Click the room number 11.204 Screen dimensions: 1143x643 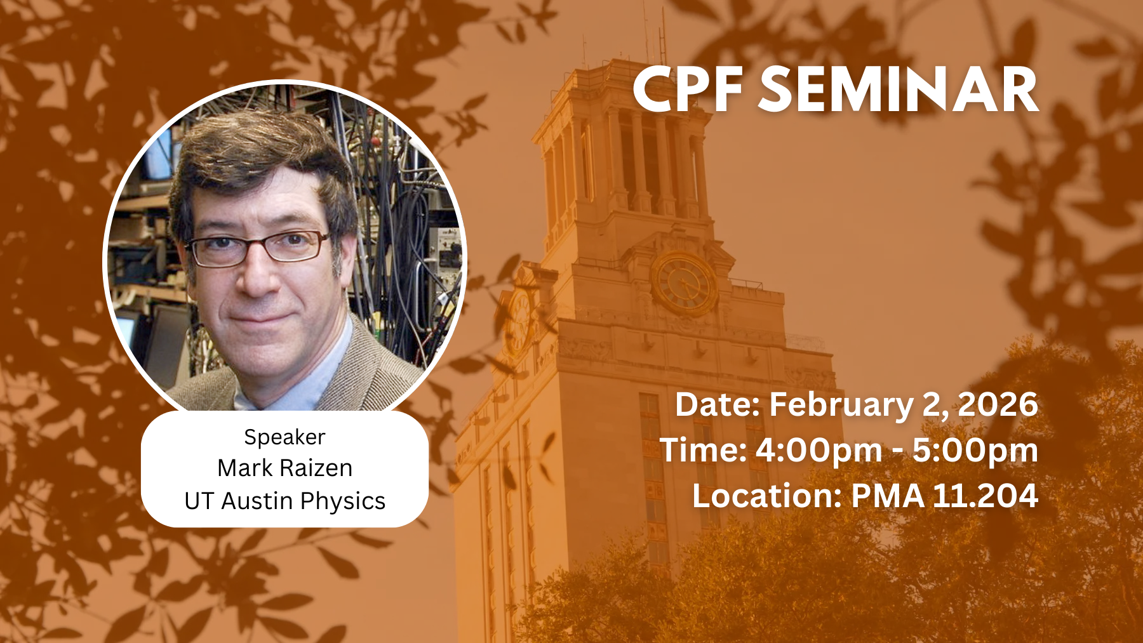pyautogui.click(x=985, y=496)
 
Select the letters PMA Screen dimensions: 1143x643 pyautogui.click(x=888, y=496)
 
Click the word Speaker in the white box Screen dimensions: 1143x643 pyautogui.click(x=284, y=437)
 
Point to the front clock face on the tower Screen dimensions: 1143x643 pyautogui.click(x=684, y=283)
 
